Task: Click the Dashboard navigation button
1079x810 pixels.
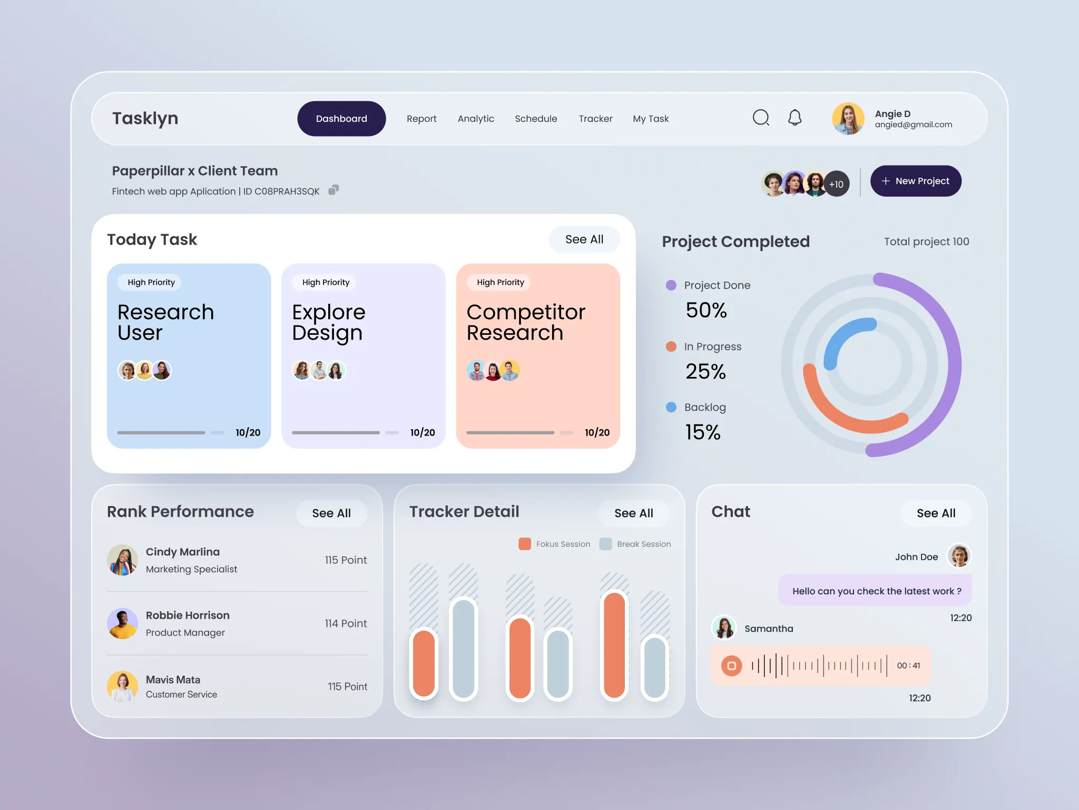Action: pyautogui.click(x=341, y=119)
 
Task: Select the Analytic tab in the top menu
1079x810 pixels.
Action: pyautogui.click(x=476, y=119)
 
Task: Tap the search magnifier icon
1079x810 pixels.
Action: pyautogui.click(x=760, y=118)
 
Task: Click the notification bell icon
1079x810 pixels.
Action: pyautogui.click(x=794, y=118)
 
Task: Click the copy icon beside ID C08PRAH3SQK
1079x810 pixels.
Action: pyautogui.click(x=333, y=190)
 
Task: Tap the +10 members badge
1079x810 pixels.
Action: pyautogui.click(x=836, y=184)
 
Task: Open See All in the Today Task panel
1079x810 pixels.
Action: pyautogui.click(x=584, y=239)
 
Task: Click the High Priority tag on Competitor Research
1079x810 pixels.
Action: pyautogui.click(x=500, y=283)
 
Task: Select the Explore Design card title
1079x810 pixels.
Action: pyautogui.click(x=328, y=322)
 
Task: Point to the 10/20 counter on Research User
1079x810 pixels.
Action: pyautogui.click(x=248, y=432)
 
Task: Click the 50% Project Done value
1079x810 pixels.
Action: pyautogui.click(x=706, y=310)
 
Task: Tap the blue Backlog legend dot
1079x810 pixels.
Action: pyautogui.click(x=671, y=407)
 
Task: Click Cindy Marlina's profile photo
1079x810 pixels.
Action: pyautogui.click(x=123, y=560)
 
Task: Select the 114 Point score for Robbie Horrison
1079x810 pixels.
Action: pyautogui.click(x=346, y=623)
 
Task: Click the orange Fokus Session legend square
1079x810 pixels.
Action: pyautogui.click(x=525, y=544)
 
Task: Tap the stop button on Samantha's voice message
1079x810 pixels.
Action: pyautogui.click(x=731, y=666)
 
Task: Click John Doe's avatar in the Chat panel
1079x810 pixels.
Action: pyautogui.click(x=958, y=556)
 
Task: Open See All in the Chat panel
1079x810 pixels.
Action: pyautogui.click(x=936, y=513)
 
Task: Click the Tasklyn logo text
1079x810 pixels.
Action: pyautogui.click(x=145, y=119)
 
